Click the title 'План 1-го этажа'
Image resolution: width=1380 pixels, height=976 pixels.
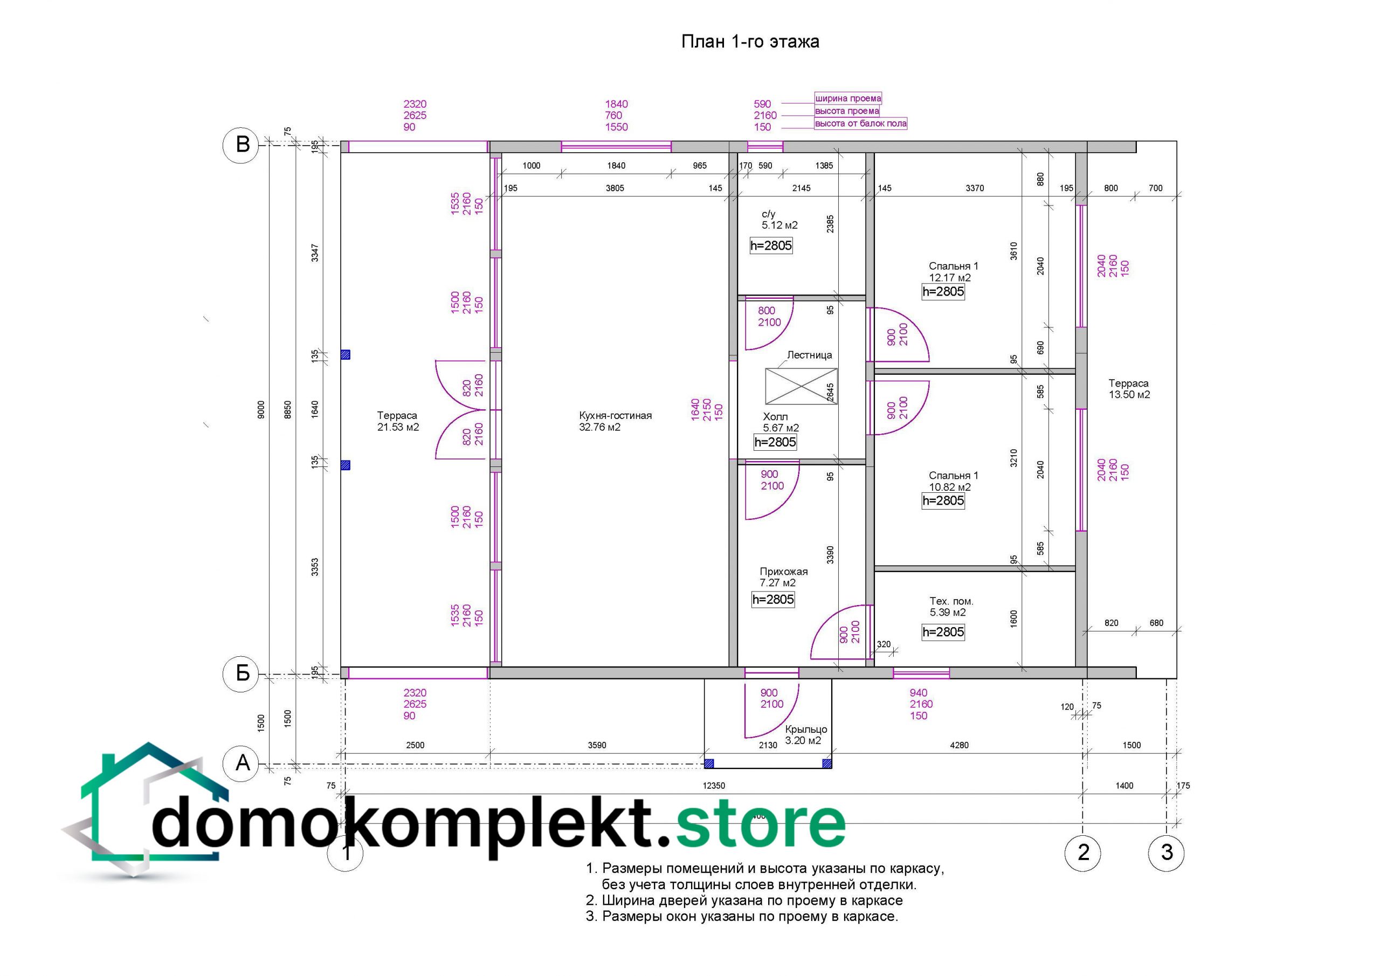(x=750, y=42)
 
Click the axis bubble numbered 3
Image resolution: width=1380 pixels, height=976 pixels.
(x=1166, y=852)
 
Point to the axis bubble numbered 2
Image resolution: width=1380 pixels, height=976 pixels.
(x=1082, y=852)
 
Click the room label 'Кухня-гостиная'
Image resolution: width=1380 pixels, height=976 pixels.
(x=616, y=416)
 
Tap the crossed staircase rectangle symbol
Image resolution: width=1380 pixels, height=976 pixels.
(x=801, y=386)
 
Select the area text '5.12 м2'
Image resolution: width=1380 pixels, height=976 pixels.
(x=779, y=225)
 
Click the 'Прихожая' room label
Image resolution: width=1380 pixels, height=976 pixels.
(x=784, y=571)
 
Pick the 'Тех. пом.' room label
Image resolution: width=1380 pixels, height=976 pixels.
(x=951, y=601)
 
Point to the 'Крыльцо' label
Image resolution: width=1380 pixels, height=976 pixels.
(x=806, y=730)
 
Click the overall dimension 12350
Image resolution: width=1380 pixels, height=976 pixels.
(x=713, y=785)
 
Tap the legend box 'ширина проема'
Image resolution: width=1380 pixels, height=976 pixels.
(x=848, y=98)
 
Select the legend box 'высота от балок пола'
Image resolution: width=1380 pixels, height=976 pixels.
(x=861, y=123)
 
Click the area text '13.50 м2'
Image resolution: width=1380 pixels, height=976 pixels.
(x=1129, y=395)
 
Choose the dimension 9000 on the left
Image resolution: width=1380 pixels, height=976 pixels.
(x=261, y=409)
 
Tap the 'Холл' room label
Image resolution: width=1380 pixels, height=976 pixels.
(x=775, y=417)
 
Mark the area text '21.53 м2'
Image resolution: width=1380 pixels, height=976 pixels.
(x=398, y=427)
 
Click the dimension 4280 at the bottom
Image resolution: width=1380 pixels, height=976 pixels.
(x=960, y=745)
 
